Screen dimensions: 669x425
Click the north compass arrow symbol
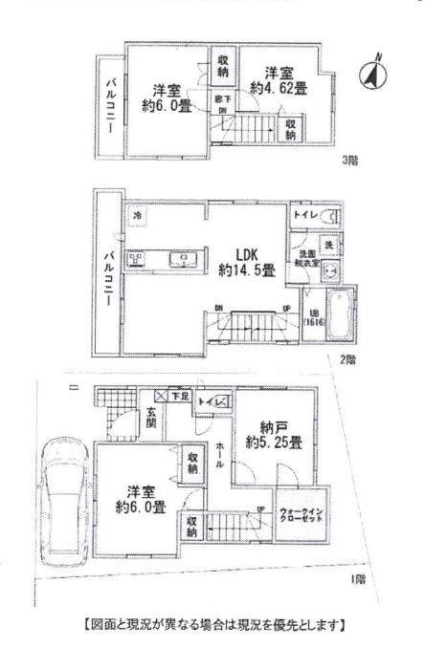372,72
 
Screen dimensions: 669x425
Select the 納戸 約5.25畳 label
274,434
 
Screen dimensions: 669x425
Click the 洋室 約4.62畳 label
279,80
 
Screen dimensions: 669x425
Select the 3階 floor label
349,160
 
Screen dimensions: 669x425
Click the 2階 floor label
349,360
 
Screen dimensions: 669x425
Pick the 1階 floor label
356,580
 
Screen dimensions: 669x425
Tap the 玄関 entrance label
152,419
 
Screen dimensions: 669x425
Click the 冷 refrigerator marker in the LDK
139,215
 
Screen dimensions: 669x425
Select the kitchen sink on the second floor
183,258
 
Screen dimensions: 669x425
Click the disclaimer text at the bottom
213,626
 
